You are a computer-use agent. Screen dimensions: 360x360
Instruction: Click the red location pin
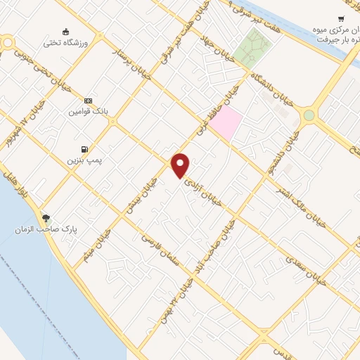pyautogui.click(x=181, y=165)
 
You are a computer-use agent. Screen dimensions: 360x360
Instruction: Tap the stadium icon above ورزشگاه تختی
pyautogui.click(x=65, y=32)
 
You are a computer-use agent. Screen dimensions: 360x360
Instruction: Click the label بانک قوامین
pyautogui.click(x=87, y=112)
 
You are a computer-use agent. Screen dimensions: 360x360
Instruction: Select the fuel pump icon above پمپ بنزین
pyautogui.click(x=85, y=149)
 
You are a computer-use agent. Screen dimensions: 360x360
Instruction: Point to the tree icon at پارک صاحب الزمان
pyautogui.click(x=46, y=218)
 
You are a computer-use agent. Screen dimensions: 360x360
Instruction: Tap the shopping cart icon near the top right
pyautogui.click(x=341, y=19)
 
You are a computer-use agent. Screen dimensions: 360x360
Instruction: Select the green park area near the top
pyautogui.click(x=254, y=45)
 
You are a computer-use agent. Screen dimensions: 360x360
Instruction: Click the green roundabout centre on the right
pyautogui.click(x=309, y=115)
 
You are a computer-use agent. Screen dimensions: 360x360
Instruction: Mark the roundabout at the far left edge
pyautogui.click(x=8, y=44)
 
